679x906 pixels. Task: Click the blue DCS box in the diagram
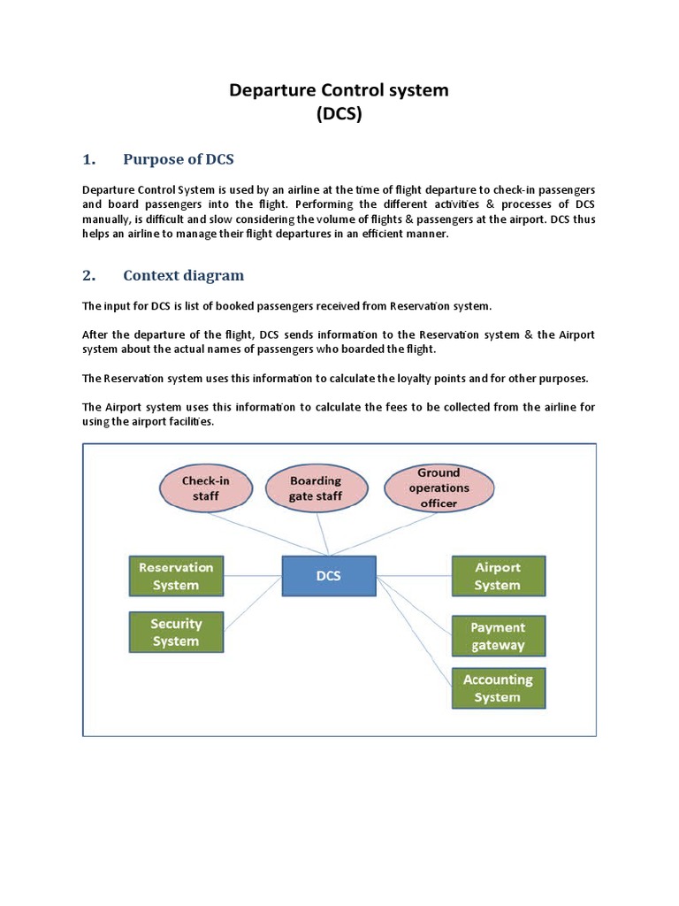tap(329, 576)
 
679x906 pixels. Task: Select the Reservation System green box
tap(175, 576)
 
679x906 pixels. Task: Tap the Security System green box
tap(175, 632)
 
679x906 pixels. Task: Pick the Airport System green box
tap(498, 576)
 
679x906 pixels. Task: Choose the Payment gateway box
tap(498, 636)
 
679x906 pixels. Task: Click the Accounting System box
tap(498, 688)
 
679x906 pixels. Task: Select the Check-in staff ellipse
tap(206, 488)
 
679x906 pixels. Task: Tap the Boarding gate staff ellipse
tap(315, 488)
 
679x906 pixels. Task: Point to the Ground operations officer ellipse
tap(439, 488)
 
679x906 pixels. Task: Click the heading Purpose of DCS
tap(179, 159)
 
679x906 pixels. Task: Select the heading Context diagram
tap(183, 275)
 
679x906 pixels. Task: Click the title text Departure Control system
tap(339, 90)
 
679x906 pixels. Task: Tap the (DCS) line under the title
tap(339, 114)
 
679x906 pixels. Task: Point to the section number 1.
tap(88, 159)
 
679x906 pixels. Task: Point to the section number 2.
tap(88, 275)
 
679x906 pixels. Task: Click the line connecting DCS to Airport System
tap(414, 576)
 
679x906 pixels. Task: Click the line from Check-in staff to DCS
tap(265, 535)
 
